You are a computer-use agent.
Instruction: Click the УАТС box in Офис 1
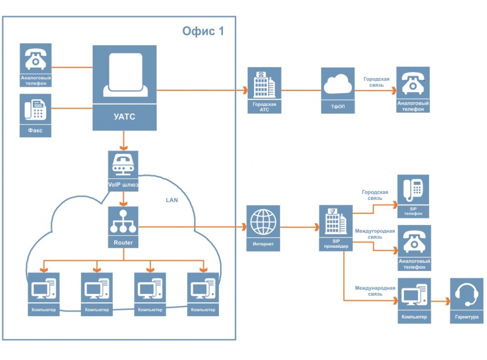(x=124, y=88)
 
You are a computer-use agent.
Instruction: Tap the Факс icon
(x=36, y=115)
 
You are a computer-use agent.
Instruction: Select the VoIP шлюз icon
(x=124, y=171)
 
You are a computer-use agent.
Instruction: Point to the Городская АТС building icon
(x=264, y=89)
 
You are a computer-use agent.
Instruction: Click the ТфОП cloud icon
(x=338, y=89)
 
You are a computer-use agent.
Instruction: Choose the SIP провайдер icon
(x=336, y=227)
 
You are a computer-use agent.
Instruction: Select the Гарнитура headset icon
(x=466, y=300)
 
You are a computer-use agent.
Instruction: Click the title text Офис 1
(x=203, y=31)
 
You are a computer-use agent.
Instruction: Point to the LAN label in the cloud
(x=172, y=200)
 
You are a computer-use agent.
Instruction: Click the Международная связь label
(x=375, y=291)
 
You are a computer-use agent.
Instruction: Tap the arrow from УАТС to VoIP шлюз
(x=124, y=140)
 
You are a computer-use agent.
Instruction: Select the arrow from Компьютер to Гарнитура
(x=440, y=301)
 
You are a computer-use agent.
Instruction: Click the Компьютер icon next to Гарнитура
(x=414, y=300)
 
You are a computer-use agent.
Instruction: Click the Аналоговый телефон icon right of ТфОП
(x=413, y=89)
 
